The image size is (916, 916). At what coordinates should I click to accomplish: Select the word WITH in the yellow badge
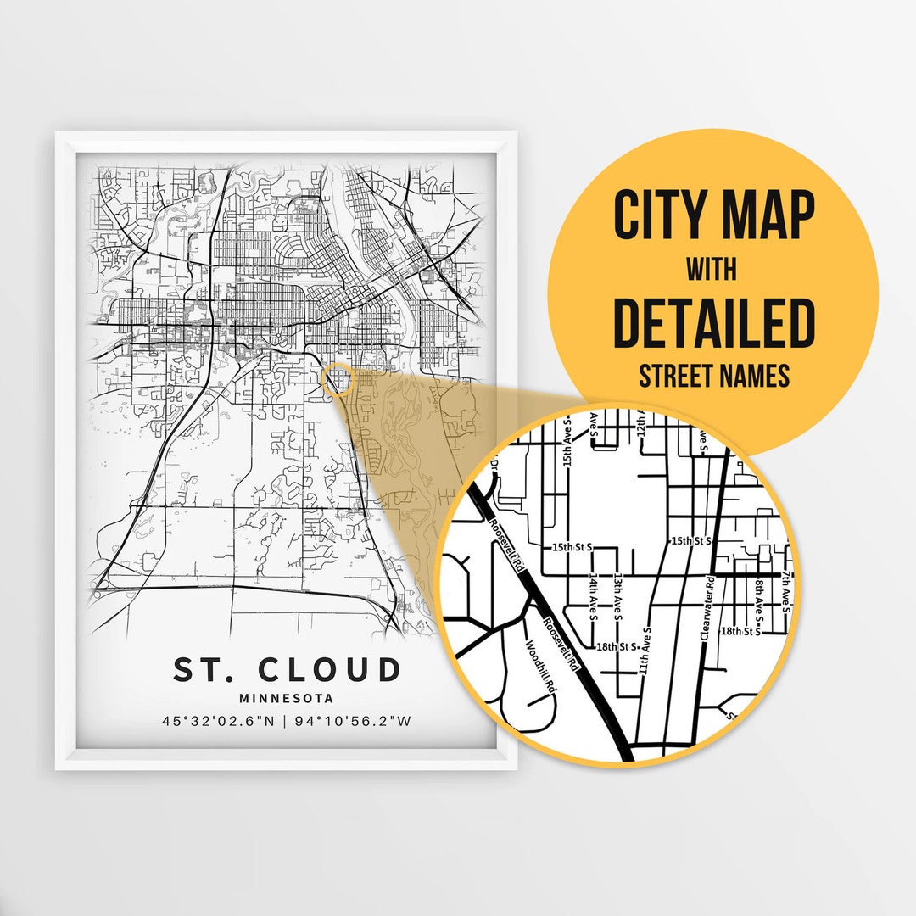(712, 270)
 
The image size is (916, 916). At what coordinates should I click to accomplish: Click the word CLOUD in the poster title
(329, 669)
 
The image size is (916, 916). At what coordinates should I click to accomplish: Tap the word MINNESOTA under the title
(286, 699)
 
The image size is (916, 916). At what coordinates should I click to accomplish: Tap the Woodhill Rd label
(540, 667)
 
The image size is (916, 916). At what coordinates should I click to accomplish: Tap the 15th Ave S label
(568, 443)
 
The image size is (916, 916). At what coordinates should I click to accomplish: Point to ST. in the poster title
(202, 669)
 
